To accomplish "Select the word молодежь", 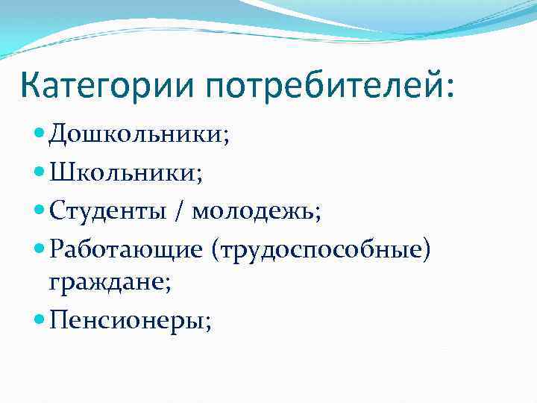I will pos(251,212).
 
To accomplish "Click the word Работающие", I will pos(126,249).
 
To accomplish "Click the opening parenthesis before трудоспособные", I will pos(216,249).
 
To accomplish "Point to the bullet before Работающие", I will pos(40,249).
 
